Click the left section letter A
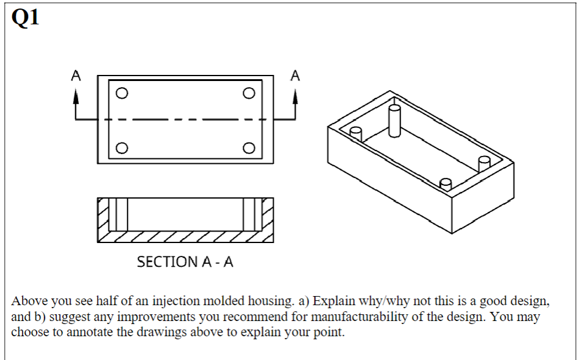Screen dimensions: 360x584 pyautogui.click(x=76, y=76)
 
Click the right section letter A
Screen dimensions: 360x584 pyautogui.click(x=296, y=76)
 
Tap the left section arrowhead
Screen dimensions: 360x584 pyautogui.click(x=76, y=96)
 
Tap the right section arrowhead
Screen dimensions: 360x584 pyautogui.click(x=296, y=96)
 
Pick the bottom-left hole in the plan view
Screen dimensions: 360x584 pyautogui.click(x=122, y=148)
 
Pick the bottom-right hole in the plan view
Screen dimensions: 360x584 pyautogui.click(x=248, y=148)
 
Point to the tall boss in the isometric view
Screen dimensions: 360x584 pyautogui.click(x=394, y=121)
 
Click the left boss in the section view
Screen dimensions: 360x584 pyautogui.click(x=121, y=214)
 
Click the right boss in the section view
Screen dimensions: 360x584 pyautogui.click(x=249, y=214)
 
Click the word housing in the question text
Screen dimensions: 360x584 pyautogui.click(x=272, y=302)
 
